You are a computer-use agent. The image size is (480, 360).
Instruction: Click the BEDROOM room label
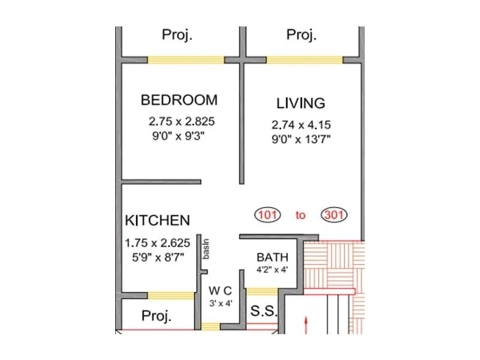point(179,100)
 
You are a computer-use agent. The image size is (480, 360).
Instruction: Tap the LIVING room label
point(301,103)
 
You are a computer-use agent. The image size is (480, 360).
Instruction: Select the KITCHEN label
point(157,221)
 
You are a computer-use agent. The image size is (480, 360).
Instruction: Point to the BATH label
point(272,257)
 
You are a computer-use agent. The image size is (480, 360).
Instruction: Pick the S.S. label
point(262,312)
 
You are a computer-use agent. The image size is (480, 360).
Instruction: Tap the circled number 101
point(268,215)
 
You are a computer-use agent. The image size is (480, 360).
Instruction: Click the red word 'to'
point(301,215)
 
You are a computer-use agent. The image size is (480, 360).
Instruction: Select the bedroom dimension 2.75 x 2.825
point(181,121)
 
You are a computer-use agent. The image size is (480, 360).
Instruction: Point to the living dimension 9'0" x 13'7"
point(301,139)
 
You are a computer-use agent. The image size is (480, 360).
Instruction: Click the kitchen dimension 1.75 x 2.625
point(157,243)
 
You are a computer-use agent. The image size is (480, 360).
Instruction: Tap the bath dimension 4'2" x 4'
point(272,269)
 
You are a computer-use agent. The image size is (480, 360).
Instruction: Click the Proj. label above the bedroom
point(177,35)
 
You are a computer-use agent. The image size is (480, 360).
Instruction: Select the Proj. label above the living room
point(301,35)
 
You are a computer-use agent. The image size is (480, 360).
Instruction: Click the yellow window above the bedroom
point(186,60)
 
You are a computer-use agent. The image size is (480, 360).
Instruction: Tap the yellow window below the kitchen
point(171,295)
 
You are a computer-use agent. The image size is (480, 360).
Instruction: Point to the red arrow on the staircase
point(307,325)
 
